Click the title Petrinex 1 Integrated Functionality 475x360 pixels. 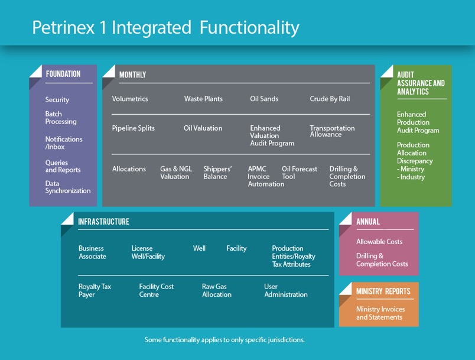(x=165, y=27)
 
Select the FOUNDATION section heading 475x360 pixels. (x=63, y=74)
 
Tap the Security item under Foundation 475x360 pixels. (x=57, y=100)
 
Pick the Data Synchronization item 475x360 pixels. (x=68, y=187)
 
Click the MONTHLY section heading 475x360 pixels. (x=132, y=75)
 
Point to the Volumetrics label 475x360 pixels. (x=130, y=99)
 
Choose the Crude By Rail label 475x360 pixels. (x=330, y=99)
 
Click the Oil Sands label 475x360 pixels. (x=264, y=99)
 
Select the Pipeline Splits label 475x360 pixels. (x=133, y=128)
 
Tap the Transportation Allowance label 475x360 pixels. (x=332, y=131)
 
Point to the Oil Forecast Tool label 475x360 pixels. (x=300, y=173)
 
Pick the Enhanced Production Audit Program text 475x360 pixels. (x=418, y=122)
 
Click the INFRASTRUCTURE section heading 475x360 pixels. (x=103, y=222)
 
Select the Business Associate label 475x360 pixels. (x=92, y=252)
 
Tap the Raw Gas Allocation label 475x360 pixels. (x=217, y=290)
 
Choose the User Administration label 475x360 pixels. (x=286, y=290)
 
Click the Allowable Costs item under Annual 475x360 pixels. (x=379, y=242)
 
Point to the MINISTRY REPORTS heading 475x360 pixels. (x=383, y=291)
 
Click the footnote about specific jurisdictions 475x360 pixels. (x=225, y=340)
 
